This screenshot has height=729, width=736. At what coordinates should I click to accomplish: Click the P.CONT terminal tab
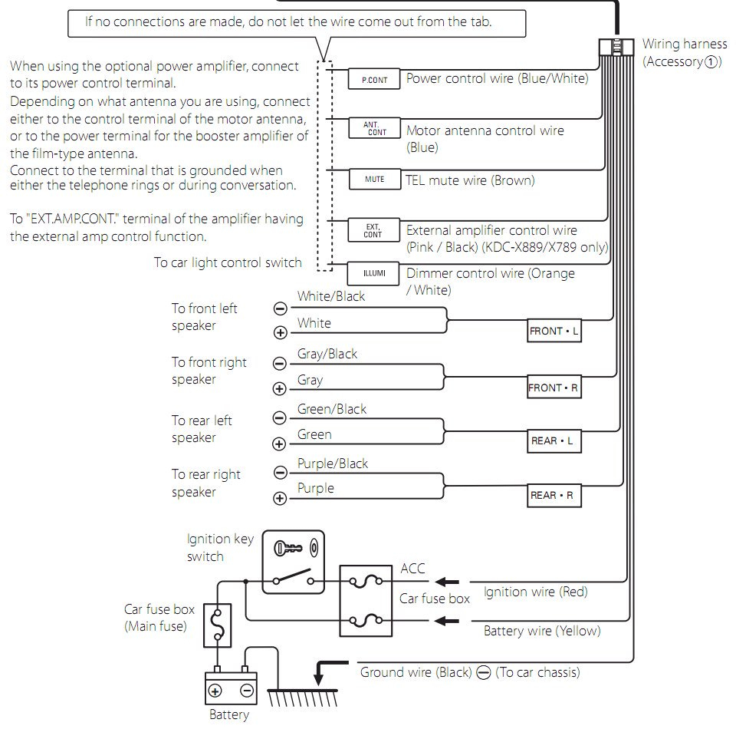click(x=374, y=79)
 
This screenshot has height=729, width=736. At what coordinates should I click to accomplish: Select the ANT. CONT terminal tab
click(x=374, y=128)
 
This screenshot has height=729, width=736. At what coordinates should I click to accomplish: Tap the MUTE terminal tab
click(x=374, y=180)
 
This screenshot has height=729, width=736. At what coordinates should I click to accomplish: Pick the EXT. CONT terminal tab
click(x=374, y=229)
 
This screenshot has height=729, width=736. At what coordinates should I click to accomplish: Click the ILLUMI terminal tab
click(x=374, y=273)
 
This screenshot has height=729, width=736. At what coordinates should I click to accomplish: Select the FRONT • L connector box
click(x=554, y=332)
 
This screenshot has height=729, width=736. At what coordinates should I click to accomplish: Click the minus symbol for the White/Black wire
click(x=280, y=308)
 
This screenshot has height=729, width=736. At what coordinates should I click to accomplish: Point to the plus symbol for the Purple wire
click(x=280, y=499)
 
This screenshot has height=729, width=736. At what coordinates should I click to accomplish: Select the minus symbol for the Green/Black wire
click(x=280, y=417)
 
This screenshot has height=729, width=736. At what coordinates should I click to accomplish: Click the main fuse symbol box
click(x=218, y=622)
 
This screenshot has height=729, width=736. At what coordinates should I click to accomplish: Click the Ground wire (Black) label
click(x=416, y=672)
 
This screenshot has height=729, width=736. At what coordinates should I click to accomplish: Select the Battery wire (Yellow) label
click(x=541, y=631)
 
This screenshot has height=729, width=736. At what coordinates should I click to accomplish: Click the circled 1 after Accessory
click(x=712, y=62)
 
